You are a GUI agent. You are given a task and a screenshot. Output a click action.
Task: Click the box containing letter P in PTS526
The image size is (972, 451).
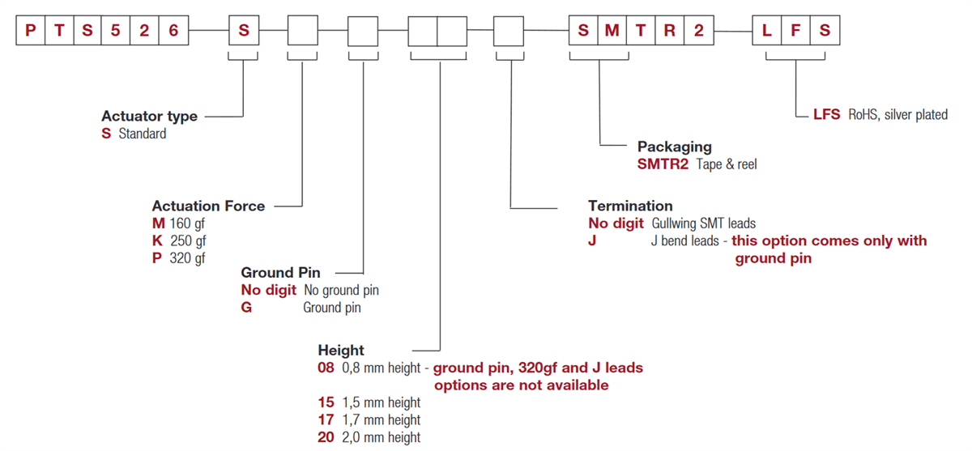(31, 31)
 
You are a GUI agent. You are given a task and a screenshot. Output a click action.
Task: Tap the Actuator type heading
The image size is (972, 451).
(149, 117)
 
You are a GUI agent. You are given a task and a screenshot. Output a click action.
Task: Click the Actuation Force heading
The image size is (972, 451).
(208, 206)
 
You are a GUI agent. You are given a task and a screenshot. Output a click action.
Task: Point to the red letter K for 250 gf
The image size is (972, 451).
(157, 241)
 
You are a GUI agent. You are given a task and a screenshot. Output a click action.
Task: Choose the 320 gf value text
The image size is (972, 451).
(187, 258)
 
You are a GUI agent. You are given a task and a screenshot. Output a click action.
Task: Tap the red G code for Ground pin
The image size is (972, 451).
(246, 308)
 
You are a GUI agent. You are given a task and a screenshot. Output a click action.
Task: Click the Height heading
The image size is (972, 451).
(341, 351)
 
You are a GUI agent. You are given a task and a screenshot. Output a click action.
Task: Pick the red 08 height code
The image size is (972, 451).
(326, 368)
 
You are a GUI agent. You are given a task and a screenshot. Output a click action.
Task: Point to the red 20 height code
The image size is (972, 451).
(326, 437)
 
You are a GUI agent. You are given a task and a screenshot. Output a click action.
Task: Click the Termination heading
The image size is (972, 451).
(630, 206)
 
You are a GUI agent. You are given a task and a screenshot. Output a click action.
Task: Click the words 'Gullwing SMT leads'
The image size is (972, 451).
(703, 223)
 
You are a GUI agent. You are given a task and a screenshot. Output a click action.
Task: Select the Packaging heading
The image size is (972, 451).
(674, 147)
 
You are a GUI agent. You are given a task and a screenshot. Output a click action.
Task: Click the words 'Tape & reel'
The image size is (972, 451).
(727, 164)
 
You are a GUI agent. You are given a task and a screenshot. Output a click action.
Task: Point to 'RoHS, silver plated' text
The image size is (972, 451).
(897, 115)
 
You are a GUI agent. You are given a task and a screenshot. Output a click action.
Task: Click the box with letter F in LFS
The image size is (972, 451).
(795, 31)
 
